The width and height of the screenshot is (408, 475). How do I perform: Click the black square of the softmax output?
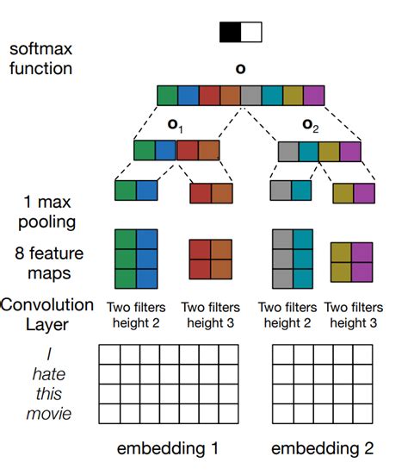[x=230, y=33]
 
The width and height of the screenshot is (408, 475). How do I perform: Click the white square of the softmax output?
[x=250, y=33]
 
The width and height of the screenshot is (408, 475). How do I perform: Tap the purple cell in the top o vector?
[x=313, y=95]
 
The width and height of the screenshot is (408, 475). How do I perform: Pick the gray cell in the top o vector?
[x=250, y=95]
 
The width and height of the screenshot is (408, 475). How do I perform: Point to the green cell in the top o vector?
[x=167, y=95]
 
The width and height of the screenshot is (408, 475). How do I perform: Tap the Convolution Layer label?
[x=47, y=314]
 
